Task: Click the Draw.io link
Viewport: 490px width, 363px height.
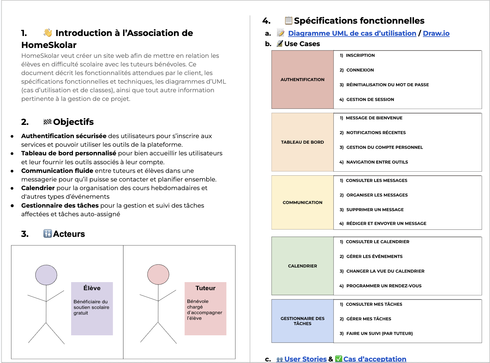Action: point(436,33)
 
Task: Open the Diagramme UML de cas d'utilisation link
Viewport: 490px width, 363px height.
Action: point(352,33)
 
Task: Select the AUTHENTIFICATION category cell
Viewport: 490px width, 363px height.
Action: point(302,80)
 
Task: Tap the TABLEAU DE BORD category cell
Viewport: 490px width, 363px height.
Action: point(302,142)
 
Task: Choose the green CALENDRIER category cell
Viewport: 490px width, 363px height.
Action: point(302,266)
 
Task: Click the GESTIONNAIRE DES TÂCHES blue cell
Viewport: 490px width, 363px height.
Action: point(302,321)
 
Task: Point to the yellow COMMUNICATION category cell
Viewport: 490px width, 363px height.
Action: point(302,202)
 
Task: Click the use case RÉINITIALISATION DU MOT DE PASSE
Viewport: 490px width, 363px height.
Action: point(387,85)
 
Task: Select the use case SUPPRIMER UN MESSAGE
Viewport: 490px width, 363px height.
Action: point(375,209)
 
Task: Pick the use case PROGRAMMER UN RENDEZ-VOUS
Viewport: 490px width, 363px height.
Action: point(384,286)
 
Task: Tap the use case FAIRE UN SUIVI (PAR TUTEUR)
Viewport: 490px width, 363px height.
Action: point(379,333)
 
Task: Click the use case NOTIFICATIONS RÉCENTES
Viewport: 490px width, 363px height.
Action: point(376,133)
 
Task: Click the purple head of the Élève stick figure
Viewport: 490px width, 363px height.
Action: point(46,275)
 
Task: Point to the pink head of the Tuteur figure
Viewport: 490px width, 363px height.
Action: point(158,274)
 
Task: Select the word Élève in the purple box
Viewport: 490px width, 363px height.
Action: point(92,288)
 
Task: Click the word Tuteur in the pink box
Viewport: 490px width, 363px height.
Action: point(205,288)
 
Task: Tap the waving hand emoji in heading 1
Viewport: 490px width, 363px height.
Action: point(48,33)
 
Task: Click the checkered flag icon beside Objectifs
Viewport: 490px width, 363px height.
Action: point(47,122)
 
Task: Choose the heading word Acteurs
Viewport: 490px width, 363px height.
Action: point(69,234)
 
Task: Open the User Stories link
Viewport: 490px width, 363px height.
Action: point(305,359)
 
